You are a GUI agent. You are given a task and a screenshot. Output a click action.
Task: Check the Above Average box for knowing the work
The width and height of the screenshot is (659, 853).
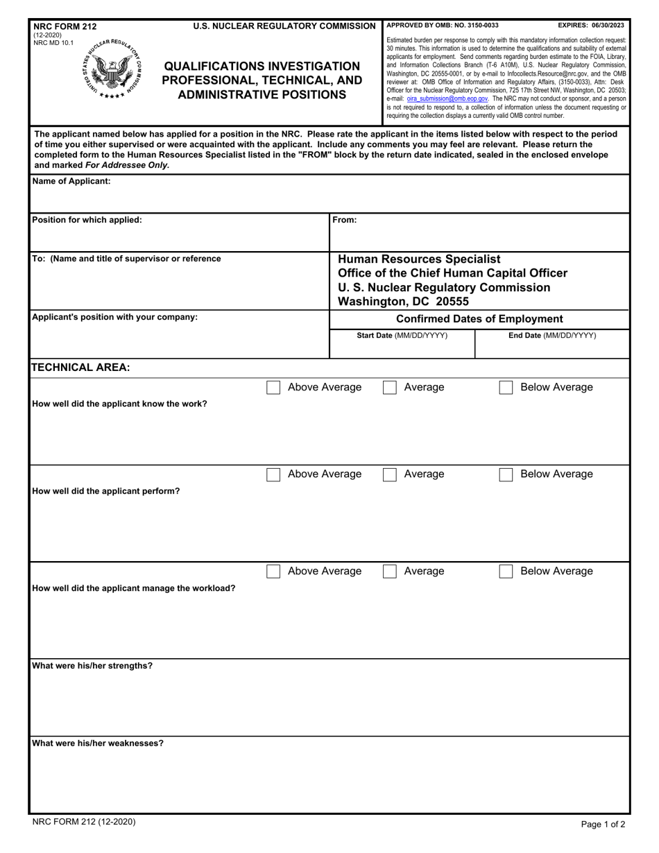pyautogui.click(x=273, y=388)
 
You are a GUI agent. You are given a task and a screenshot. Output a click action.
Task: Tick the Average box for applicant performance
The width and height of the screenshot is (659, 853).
pyautogui.click(x=390, y=474)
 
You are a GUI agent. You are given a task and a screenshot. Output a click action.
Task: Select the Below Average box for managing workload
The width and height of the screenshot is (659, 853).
pyautogui.click(x=506, y=571)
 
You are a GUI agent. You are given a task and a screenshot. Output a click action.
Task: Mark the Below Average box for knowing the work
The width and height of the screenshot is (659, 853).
pyautogui.click(x=506, y=388)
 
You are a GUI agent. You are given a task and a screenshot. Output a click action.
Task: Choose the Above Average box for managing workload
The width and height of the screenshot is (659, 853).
pyautogui.click(x=273, y=571)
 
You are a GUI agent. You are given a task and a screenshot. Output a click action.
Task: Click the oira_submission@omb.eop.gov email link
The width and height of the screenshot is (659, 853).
pyautogui.click(x=447, y=98)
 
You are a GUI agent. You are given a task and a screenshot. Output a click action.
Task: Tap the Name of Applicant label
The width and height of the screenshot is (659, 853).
pyautogui.click(x=71, y=182)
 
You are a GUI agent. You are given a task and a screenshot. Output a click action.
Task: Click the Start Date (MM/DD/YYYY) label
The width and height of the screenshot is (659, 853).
pyautogui.click(x=402, y=336)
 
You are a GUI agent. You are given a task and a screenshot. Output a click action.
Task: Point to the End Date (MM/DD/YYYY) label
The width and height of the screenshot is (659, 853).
pyautogui.click(x=552, y=336)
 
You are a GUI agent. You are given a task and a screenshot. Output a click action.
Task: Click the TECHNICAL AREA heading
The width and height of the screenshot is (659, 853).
pyautogui.click(x=81, y=368)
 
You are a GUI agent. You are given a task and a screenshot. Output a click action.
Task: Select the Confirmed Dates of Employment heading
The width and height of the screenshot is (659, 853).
pyautogui.click(x=479, y=319)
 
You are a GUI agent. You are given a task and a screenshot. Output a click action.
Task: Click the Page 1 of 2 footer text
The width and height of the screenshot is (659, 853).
pyautogui.click(x=603, y=825)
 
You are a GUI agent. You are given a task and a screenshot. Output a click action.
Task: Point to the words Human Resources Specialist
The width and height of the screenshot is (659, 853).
pyautogui.click(x=418, y=259)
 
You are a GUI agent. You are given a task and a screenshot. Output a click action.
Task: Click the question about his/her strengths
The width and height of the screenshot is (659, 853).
pyautogui.click(x=92, y=666)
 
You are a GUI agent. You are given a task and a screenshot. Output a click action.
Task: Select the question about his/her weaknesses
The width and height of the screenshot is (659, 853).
pyautogui.click(x=98, y=743)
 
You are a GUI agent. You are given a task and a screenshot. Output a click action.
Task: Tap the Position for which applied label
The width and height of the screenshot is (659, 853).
pyautogui.click(x=87, y=220)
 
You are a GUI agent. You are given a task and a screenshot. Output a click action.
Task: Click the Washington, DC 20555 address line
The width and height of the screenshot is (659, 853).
pyautogui.click(x=403, y=302)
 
